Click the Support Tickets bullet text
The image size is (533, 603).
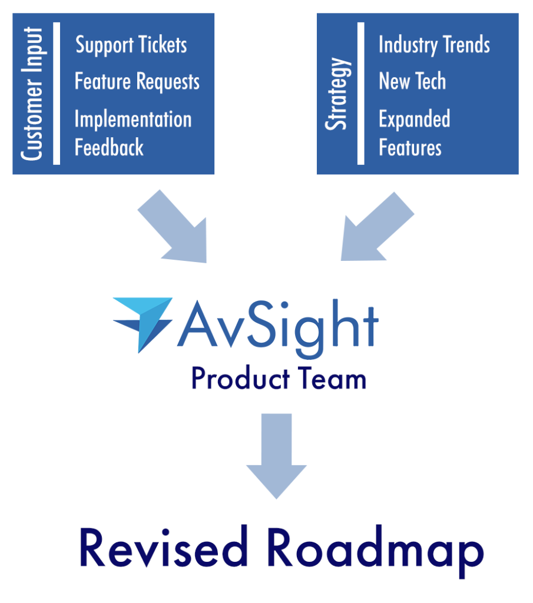click(x=131, y=45)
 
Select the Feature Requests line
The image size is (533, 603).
click(x=137, y=82)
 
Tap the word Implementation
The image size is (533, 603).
click(x=133, y=120)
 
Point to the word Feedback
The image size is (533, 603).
click(x=109, y=147)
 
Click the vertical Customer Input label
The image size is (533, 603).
click(x=32, y=93)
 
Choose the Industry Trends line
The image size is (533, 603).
click(x=434, y=45)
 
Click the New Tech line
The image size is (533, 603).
click(x=412, y=81)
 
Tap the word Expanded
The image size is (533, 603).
click(x=414, y=119)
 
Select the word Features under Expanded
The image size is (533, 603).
click(x=410, y=147)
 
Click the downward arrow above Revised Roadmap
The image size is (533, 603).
click(x=276, y=453)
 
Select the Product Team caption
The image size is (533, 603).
click(x=279, y=379)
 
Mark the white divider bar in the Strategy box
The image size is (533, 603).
click(x=361, y=93)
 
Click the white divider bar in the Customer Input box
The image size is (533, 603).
click(x=57, y=93)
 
